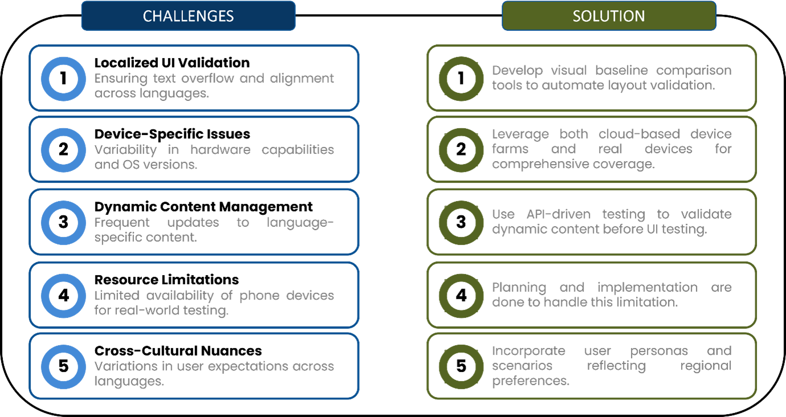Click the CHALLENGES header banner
click(x=189, y=16)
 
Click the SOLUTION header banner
click(x=609, y=16)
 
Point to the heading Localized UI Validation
click(x=172, y=63)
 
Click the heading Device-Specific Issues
click(x=172, y=134)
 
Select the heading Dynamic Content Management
click(x=203, y=207)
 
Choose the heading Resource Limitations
click(x=166, y=280)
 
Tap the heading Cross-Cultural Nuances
click(x=178, y=351)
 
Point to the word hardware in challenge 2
click(x=221, y=150)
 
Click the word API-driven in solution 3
click(x=559, y=214)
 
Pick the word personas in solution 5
click(x=659, y=351)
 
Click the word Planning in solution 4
click(x=519, y=288)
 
